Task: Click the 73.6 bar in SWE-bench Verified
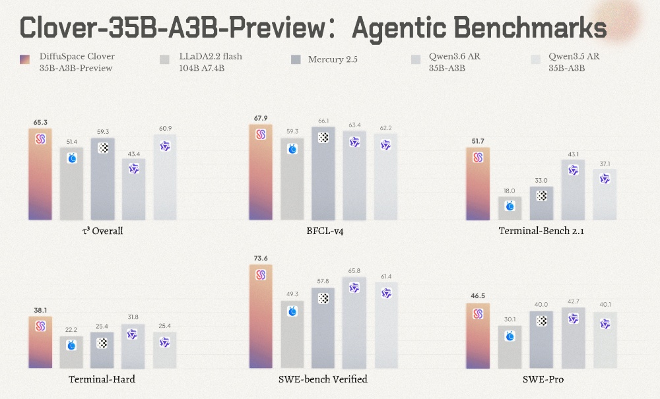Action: [261, 316]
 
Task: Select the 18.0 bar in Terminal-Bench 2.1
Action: [510, 208]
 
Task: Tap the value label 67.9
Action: [261, 118]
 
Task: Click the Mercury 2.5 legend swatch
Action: [296, 60]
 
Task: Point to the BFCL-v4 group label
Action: [325, 231]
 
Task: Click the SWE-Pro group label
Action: [543, 379]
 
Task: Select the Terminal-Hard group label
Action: [102, 379]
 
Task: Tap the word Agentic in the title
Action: [398, 28]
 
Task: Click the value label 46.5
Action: [478, 296]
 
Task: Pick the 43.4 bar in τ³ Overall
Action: [134, 189]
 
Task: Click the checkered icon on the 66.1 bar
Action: [323, 137]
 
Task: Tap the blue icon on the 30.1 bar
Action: [510, 336]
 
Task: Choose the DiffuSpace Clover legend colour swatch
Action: [25, 60]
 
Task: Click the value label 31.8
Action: [133, 317]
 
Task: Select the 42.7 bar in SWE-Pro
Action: [574, 338]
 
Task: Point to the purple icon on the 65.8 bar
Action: [354, 288]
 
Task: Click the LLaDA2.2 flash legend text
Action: [211, 62]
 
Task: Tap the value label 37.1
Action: [605, 164]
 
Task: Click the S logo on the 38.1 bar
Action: [40, 326]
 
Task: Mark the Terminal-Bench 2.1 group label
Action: [541, 231]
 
